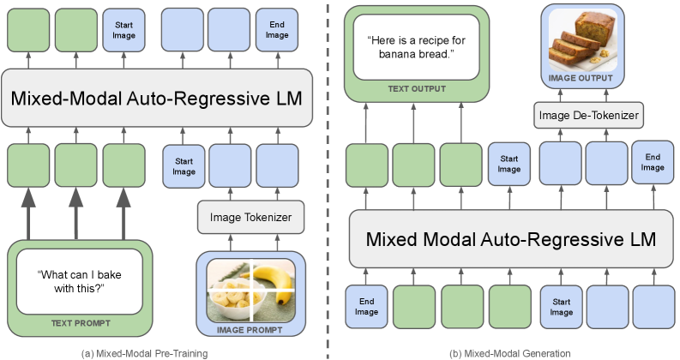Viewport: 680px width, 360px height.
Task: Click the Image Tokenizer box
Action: pyautogui.click(x=250, y=217)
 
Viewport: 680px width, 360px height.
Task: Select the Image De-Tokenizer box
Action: pyautogui.click(x=588, y=116)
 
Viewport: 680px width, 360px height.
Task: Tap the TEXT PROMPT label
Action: pyautogui.click(x=81, y=323)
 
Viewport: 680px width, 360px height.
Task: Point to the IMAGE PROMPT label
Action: pyautogui.click(x=250, y=330)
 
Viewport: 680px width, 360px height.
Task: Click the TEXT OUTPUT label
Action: pyautogui.click(x=417, y=89)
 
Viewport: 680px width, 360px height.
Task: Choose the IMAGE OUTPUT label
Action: pyautogui.click(x=581, y=78)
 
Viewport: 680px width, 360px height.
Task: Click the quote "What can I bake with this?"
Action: pyautogui.click(x=80, y=281)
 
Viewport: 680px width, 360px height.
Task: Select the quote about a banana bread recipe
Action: pyautogui.click(x=416, y=47)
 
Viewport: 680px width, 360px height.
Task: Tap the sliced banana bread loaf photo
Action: pyautogui.click(x=582, y=40)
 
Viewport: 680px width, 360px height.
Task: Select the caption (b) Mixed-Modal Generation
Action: pyautogui.click(x=510, y=353)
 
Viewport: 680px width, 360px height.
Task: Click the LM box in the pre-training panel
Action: pyautogui.click(x=157, y=98)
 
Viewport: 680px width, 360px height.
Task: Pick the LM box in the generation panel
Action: pyautogui.click(x=511, y=239)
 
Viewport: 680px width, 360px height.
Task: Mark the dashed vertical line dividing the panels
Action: pyautogui.click(x=328, y=180)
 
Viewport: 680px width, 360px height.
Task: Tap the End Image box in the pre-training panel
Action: pyautogui.click(x=277, y=30)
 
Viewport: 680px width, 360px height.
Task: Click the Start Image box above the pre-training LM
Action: pyautogui.click(x=123, y=30)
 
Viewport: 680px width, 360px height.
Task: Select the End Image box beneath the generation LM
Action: pyautogui.click(x=366, y=306)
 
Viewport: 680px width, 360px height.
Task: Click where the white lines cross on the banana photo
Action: pyautogui.click(x=251, y=290)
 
